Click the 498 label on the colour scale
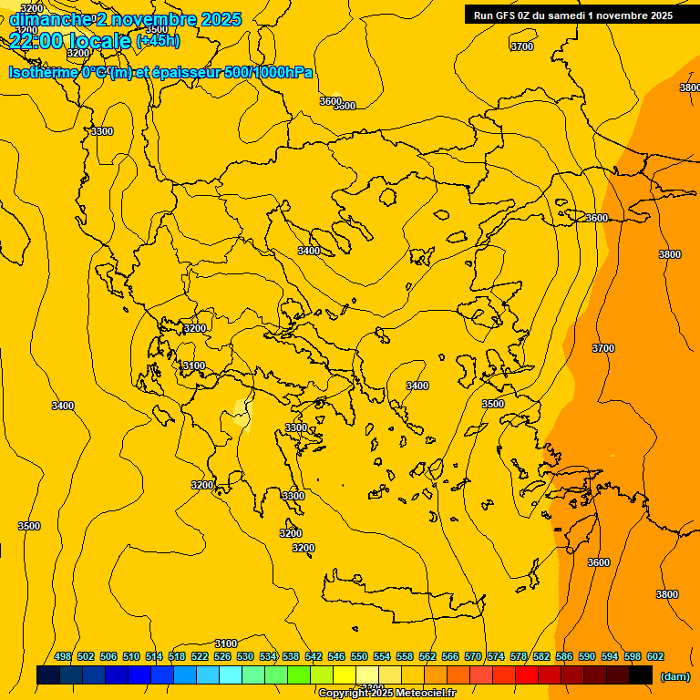pyautogui.click(x=63, y=656)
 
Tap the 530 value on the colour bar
pyautogui.click(x=245, y=656)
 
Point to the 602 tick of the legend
pyautogui.click(x=655, y=656)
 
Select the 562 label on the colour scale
pyautogui.click(x=427, y=656)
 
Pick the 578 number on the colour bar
pyautogui.click(x=519, y=656)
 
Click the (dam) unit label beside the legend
pyautogui.click(x=674, y=676)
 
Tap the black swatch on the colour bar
pyautogui.click(x=641, y=674)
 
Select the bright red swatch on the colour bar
pyautogui.click(x=527, y=674)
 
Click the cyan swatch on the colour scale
pyautogui.click(x=231, y=674)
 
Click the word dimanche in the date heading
pyautogui.click(x=51, y=19)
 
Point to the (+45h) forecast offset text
pyautogui.click(x=158, y=41)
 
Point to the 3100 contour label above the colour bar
pyautogui.click(x=225, y=643)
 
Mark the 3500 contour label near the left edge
pyautogui.click(x=29, y=526)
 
